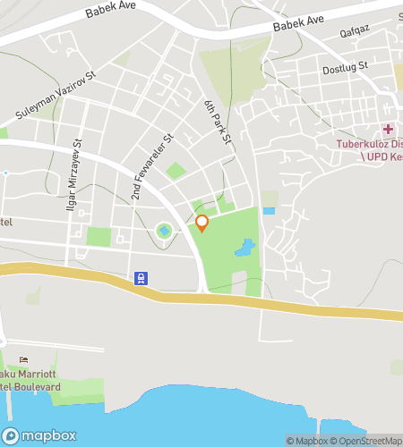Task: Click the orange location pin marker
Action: pyautogui.click(x=201, y=223)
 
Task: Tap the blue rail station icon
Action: pyautogui.click(x=141, y=278)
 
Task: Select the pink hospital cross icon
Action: pyautogui.click(x=389, y=129)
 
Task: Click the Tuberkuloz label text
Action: pyautogui.click(x=368, y=143)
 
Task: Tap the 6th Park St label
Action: pyautogui.click(x=217, y=122)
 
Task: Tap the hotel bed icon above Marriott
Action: pyautogui.click(x=22, y=360)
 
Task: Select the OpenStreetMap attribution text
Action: pyautogui.click(x=367, y=440)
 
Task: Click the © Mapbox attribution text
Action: pyautogui.click(x=307, y=440)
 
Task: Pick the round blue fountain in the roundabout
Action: pyautogui.click(x=164, y=232)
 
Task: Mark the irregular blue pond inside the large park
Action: pyautogui.click(x=243, y=248)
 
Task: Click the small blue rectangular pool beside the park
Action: pyautogui.click(x=269, y=211)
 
